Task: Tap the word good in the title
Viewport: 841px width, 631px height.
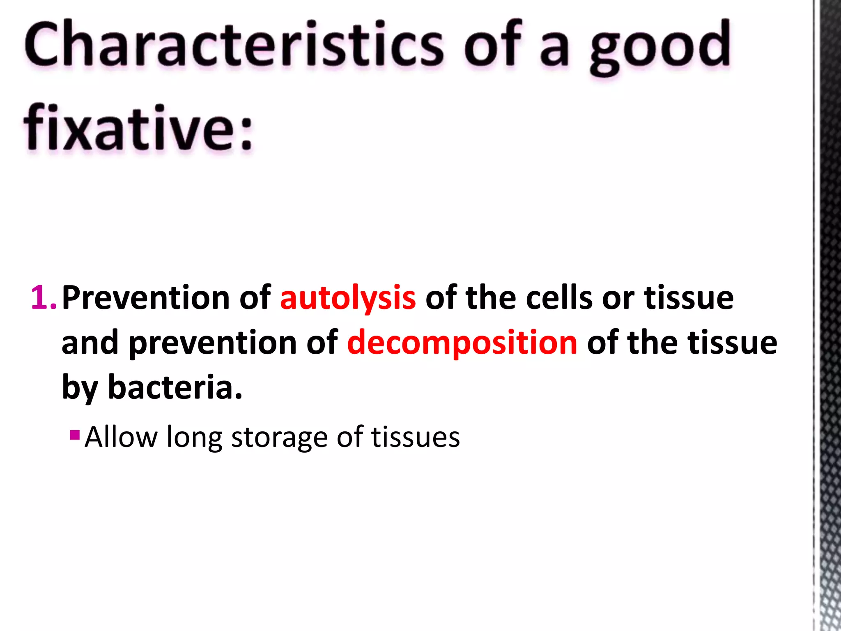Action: pyautogui.click(x=660, y=47)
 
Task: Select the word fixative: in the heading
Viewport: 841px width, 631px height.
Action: pyautogui.click(x=138, y=128)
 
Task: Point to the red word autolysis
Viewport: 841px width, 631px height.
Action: pyautogui.click(x=347, y=298)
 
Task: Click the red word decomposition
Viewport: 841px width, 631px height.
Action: pyautogui.click(x=462, y=343)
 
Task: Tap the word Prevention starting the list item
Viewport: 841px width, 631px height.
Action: pyautogui.click(x=146, y=297)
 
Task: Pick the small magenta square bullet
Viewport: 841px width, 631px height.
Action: pyautogui.click(x=75, y=435)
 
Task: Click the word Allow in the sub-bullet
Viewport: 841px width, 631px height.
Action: pyautogui.click(x=121, y=437)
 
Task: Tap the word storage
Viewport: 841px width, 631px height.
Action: pyautogui.click(x=279, y=438)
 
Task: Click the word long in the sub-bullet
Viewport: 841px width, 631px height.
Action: pyautogui.click(x=194, y=438)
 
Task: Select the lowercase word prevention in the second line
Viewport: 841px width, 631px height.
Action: pyautogui.click(x=213, y=343)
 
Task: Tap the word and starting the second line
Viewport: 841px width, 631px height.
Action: pyautogui.click(x=90, y=343)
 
